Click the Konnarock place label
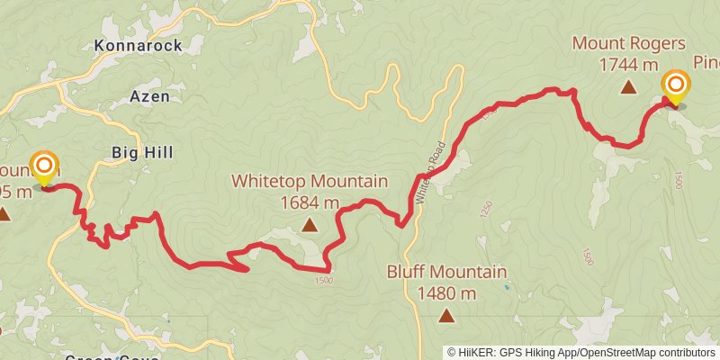tap(138, 45)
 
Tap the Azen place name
tap(149, 96)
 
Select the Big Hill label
tap(142, 153)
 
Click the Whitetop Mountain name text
tap(310, 181)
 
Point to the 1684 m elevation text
tap(310, 202)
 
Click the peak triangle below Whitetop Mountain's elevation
tap(310, 225)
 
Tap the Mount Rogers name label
tap(628, 42)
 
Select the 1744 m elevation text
tap(628, 64)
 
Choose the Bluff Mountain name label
tap(446, 271)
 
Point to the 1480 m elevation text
tap(446, 292)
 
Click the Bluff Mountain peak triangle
tap(446, 315)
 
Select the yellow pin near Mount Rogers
tap(675, 88)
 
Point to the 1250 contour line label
tap(487, 208)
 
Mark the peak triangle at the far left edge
tap(4, 214)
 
